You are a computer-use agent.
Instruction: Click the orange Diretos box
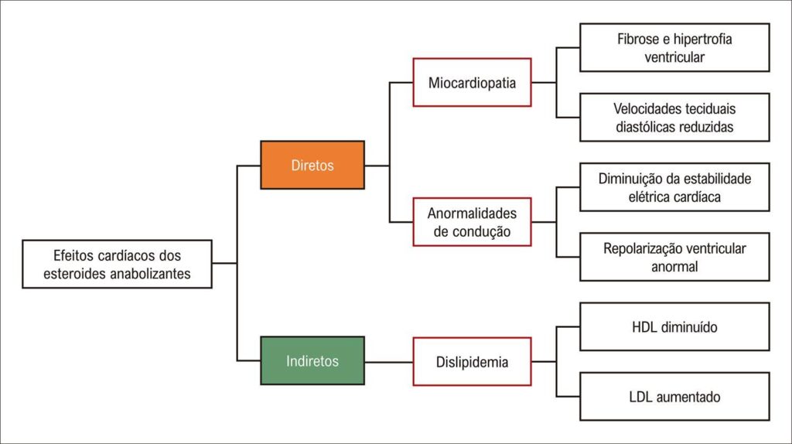[312, 166]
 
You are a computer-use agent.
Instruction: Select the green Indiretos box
[312, 360]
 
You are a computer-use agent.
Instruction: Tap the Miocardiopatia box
[472, 82]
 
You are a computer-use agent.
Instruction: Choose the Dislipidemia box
[472, 362]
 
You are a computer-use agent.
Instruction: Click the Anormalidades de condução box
[472, 222]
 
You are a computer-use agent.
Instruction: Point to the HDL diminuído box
[674, 327]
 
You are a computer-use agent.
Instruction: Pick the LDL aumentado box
[674, 397]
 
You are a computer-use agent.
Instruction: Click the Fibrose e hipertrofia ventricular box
[674, 47]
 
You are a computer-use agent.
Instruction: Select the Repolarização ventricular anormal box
[674, 257]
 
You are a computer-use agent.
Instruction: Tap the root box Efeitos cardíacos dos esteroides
[118, 265]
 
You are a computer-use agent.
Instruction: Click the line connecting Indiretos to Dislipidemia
[388, 362]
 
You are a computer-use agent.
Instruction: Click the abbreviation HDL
[643, 327]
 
